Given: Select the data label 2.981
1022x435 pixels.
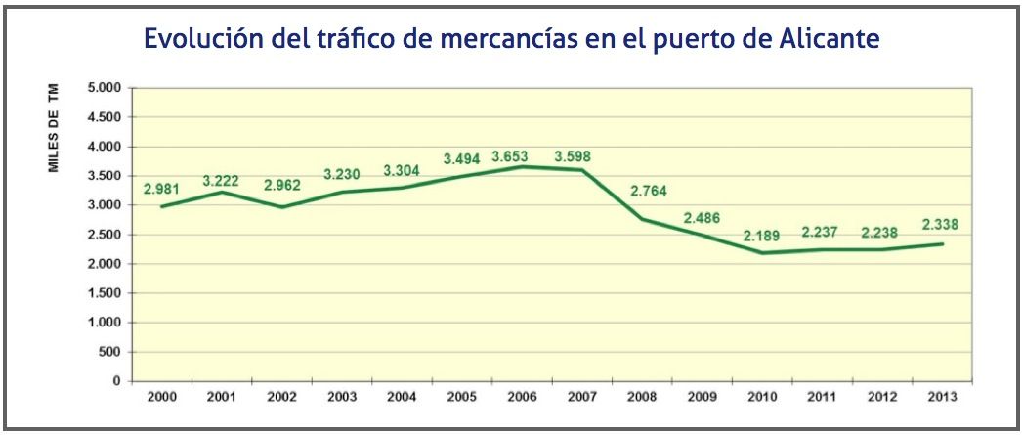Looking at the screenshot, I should click(163, 189).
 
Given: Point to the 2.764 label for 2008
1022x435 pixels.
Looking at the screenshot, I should click(640, 191).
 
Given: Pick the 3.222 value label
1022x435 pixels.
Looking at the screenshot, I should click(221, 181).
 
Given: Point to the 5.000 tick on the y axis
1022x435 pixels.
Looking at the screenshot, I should click(104, 88).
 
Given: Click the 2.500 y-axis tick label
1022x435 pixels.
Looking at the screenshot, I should click(104, 235).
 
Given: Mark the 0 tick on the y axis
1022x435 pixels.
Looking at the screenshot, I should click(115, 381).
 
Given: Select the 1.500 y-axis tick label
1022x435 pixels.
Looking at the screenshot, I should click(104, 293).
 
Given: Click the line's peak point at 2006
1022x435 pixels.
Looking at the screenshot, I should click(522, 166).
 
